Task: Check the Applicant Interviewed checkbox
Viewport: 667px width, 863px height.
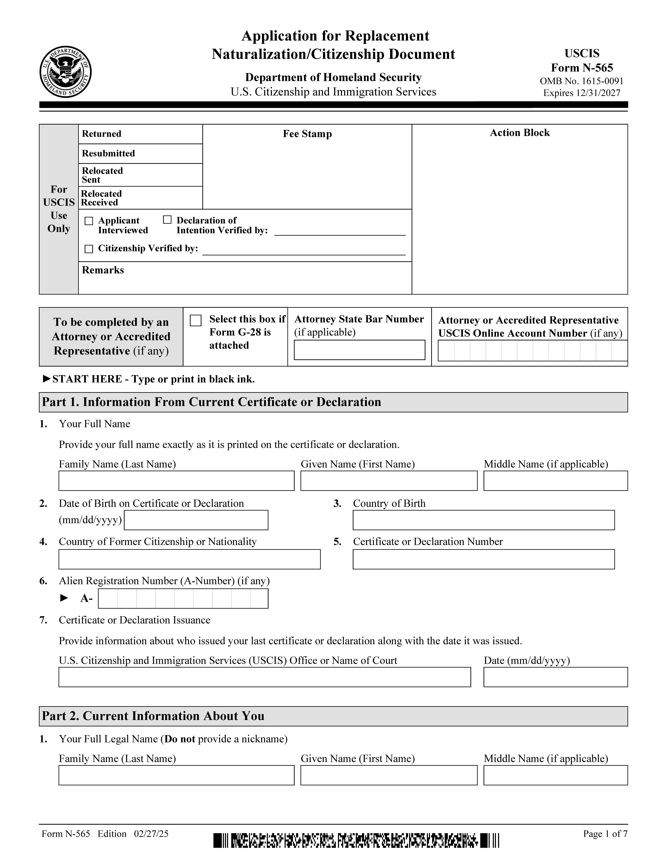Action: [x=89, y=221]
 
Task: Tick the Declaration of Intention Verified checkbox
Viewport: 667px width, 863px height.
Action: [x=167, y=220]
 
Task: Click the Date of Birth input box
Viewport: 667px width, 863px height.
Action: [x=196, y=520]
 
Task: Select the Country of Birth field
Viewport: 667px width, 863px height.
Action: [x=483, y=520]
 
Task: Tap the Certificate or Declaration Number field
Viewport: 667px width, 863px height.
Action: [x=483, y=559]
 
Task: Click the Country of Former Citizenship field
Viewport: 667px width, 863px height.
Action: [x=189, y=559]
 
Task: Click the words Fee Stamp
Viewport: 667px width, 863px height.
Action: [x=307, y=134]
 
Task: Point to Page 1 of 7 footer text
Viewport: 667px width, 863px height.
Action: [x=605, y=834]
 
